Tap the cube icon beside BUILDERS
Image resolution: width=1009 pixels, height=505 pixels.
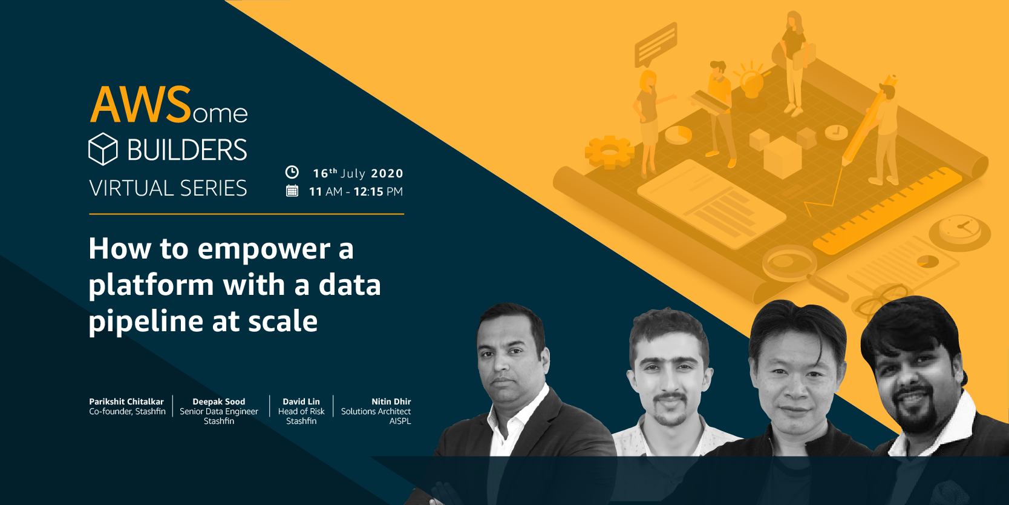click(x=103, y=149)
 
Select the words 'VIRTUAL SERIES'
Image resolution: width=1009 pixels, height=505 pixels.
click(x=168, y=188)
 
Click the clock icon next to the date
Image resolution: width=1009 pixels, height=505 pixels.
click(x=292, y=172)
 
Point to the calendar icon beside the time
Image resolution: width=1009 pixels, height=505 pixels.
click(x=292, y=191)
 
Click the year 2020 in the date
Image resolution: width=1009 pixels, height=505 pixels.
click(x=387, y=174)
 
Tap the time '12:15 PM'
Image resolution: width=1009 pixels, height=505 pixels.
click(x=378, y=192)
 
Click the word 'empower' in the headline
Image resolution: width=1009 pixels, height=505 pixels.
click(x=264, y=249)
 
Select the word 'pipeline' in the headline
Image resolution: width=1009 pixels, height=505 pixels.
click(x=146, y=322)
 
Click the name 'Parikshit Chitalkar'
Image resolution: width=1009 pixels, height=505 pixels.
click(x=126, y=401)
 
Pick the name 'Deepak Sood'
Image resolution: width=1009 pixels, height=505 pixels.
click(x=219, y=401)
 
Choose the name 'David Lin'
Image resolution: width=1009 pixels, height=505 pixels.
click(x=301, y=401)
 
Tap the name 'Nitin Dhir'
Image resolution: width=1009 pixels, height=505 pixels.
click(x=391, y=401)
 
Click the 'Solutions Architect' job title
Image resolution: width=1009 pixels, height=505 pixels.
click(x=376, y=411)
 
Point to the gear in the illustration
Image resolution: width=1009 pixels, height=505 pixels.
click(x=608, y=151)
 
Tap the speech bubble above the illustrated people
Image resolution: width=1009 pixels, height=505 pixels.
click(x=656, y=44)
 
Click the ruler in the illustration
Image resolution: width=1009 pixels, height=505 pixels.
click(x=889, y=210)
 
